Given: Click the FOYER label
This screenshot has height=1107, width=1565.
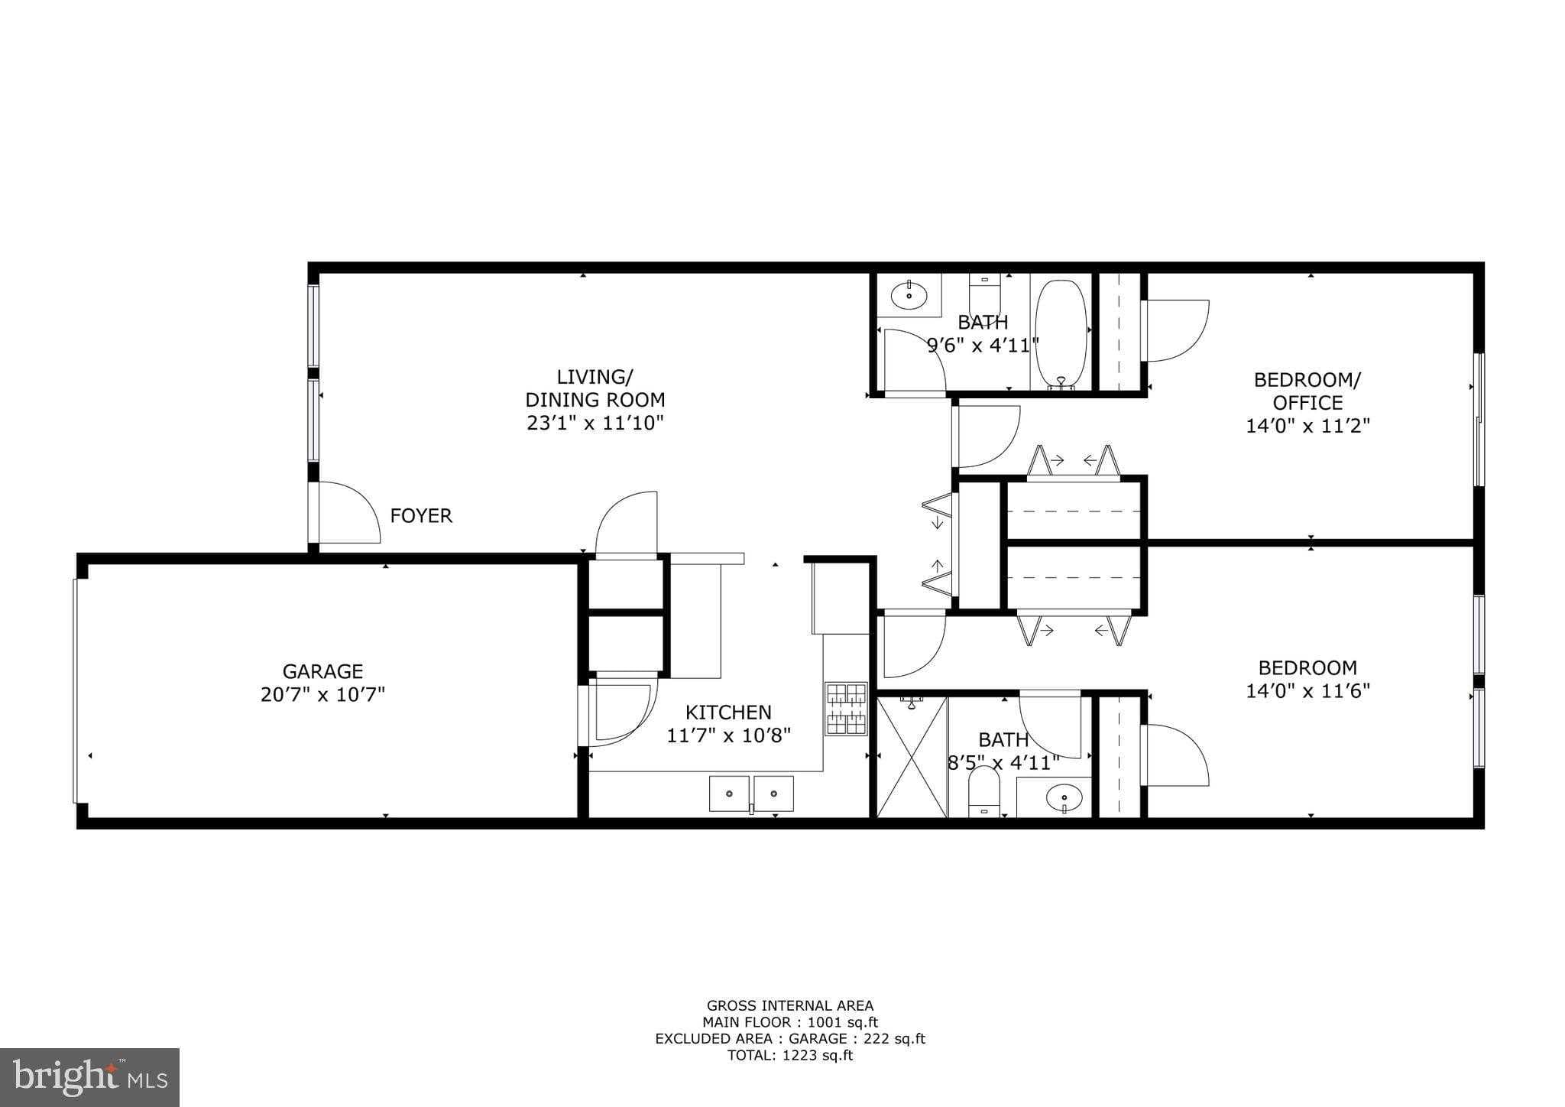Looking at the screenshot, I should (x=421, y=516).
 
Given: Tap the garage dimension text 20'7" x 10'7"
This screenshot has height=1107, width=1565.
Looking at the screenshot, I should (x=322, y=695).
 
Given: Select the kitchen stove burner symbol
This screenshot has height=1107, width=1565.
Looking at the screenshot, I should (x=846, y=709).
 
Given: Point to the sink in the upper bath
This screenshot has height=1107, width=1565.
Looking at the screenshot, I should (x=909, y=295).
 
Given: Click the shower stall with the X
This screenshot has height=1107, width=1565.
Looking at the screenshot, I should (x=912, y=756).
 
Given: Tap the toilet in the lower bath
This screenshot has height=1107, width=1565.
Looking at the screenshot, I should (x=983, y=791).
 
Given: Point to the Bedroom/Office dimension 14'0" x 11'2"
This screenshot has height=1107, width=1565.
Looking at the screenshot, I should (x=1307, y=426).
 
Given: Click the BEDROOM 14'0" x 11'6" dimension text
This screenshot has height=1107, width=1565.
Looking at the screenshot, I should (x=1307, y=691).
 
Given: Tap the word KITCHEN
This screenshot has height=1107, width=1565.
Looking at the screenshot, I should (x=728, y=713).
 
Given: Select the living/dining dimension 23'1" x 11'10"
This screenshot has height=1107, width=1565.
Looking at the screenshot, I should (x=595, y=423).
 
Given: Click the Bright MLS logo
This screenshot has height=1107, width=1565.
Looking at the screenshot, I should (x=90, y=1077).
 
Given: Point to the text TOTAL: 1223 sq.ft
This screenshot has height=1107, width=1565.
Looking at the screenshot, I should (x=789, y=1056).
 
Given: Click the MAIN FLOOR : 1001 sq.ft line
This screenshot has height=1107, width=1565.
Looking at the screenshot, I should (x=789, y=1022).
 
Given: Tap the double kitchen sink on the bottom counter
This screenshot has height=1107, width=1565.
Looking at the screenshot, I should (x=751, y=794).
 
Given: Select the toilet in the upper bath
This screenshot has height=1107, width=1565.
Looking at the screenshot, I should (x=984, y=291).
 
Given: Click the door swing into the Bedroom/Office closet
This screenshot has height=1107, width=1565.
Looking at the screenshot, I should (x=1175, y=330).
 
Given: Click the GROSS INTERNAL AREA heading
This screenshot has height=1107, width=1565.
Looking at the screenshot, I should (x=789, y=1006).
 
